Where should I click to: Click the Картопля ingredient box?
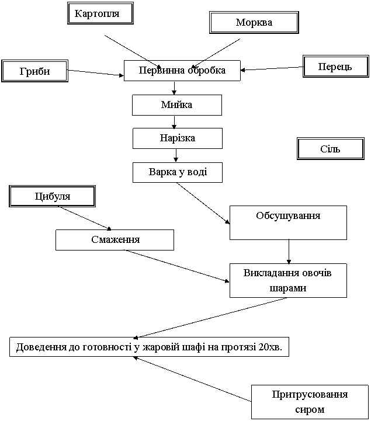point(100,13)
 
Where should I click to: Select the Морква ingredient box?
point(254,22)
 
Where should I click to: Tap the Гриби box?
point(34,71)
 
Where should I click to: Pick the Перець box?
point(336,67)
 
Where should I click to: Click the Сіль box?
point(331,148)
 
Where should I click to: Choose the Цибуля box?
point(52,196)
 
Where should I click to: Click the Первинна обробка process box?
point(182,70)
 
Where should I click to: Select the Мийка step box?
point(177,105)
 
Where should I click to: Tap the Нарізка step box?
point(177,138)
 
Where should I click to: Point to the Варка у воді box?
point(177,172)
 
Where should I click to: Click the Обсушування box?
point(288,222)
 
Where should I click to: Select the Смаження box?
point(115,240)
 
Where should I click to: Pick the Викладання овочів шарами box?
point(288,280)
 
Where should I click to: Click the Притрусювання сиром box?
point(310,402)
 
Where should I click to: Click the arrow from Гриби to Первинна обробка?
point(95,73)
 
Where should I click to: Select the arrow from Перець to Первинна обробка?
point(272,69)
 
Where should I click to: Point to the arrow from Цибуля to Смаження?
point(85,218)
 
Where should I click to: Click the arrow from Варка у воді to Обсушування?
point(203,203)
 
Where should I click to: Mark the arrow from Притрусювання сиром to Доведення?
point(192,379)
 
